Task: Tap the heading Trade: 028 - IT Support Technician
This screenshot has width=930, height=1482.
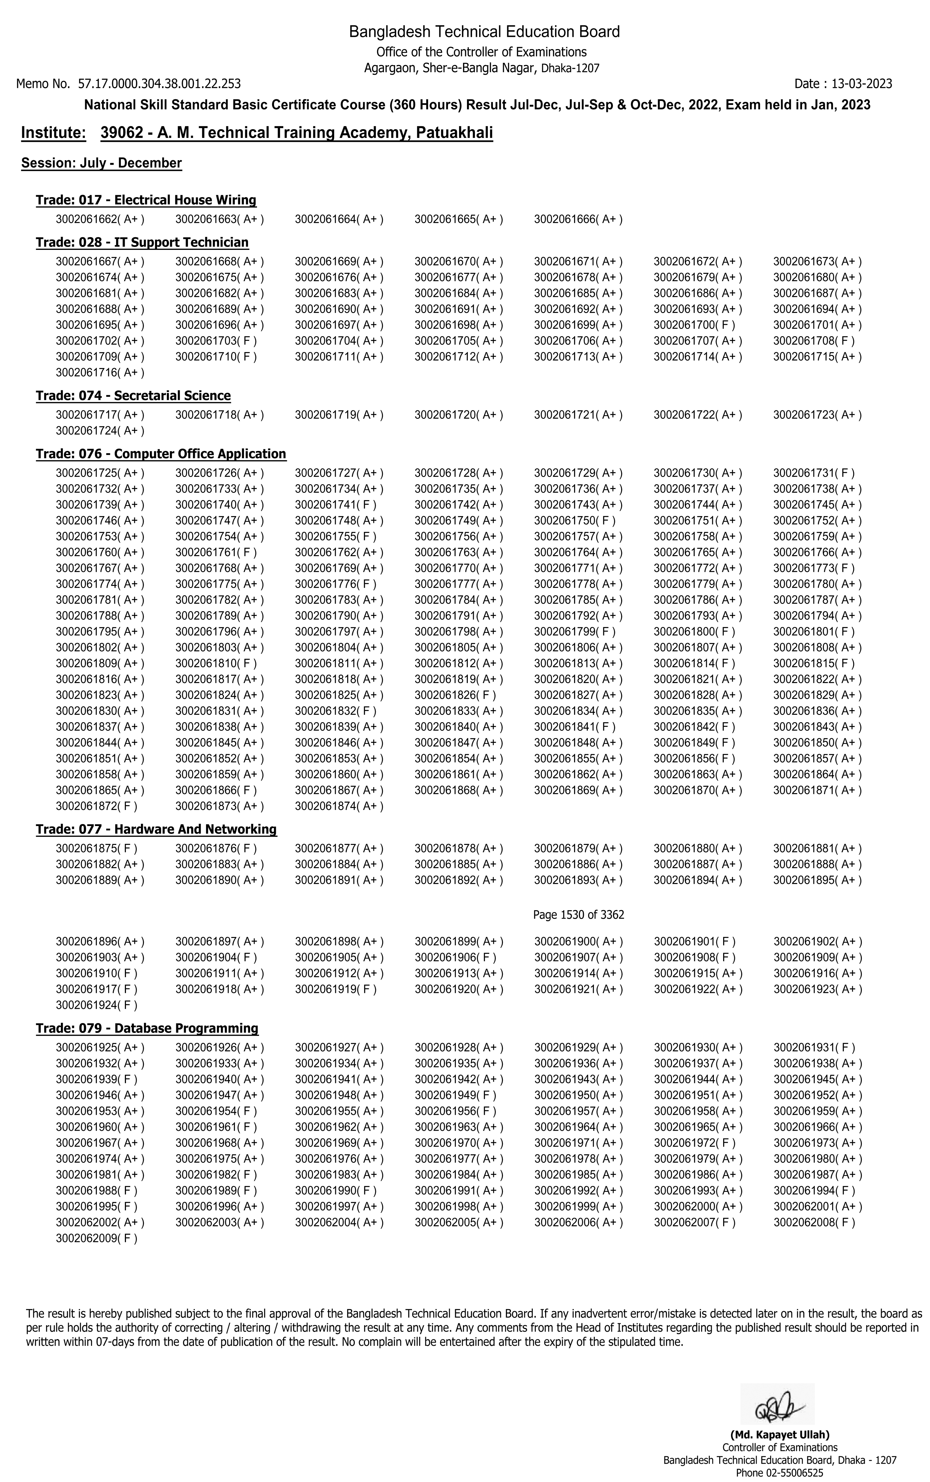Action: coord(142,243)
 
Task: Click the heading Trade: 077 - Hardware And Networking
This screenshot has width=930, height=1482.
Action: coord(156,830)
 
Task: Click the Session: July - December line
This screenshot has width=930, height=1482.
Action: coord(101,163)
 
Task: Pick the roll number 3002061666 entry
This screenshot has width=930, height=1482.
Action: coord(577,220)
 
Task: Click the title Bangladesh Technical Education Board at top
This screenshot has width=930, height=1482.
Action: coord(484,31)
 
